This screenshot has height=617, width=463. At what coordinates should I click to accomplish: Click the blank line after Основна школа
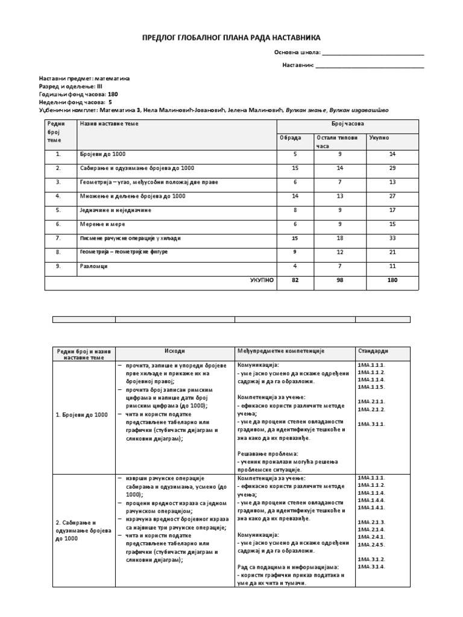pos(373,54)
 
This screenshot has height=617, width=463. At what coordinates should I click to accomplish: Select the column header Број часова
pos(347,124)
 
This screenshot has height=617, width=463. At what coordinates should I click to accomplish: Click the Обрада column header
pos(290,137)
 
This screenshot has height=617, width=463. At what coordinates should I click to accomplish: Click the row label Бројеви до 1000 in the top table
pos(103,155)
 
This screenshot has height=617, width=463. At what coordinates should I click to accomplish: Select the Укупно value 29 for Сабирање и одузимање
pos(392,168)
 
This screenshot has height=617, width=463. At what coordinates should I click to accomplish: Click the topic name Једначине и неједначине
pos(115,210)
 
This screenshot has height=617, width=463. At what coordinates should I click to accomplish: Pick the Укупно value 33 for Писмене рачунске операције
pos(392,238)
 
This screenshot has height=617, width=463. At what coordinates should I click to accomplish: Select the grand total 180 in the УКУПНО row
pos(392,280)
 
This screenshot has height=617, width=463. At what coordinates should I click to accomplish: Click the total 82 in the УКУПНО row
pos(295,280)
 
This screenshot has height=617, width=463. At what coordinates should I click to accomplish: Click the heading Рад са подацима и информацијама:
pos(288,567)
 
